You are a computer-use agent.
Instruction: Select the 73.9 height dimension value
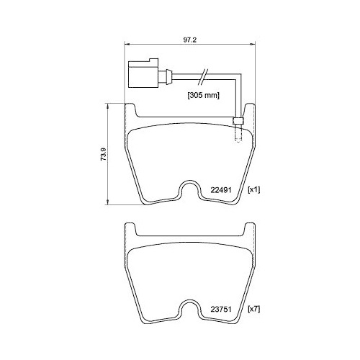pos(102,153)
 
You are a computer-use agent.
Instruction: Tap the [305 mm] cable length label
pos(204,95)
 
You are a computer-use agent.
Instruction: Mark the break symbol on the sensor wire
pos(204,75)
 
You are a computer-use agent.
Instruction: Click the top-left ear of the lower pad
pos(130,230)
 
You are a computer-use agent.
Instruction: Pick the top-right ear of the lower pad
pos(251,230)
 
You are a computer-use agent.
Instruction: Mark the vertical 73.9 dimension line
pos(108,153)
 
